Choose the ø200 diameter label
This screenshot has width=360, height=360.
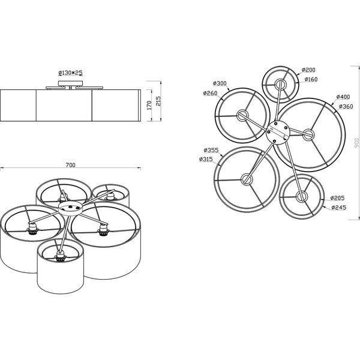coord(309,70)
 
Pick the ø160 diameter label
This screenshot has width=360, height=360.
coord(310,79)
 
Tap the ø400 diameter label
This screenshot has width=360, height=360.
coord(343,97)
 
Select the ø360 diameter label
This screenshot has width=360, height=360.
coord(344,106)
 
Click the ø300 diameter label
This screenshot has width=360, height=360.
coord(219,83)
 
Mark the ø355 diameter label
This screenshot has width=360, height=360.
coord(211,150)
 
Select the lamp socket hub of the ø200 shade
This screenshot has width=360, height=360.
coord(279,83)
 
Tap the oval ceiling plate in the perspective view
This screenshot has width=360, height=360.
coord(71,208)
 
